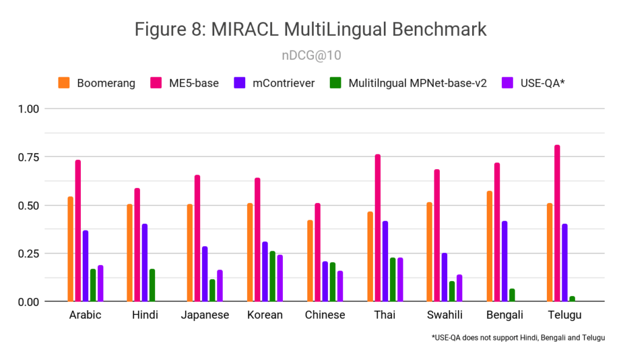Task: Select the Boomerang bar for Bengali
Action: pyautogui.click(x=490, y=246)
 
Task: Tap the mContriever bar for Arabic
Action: pyautogui.click(x=86, y=266)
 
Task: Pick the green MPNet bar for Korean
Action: pyautogui.click(x=272, y=276)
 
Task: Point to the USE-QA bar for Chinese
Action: pyautogui.click(x=339, y=286)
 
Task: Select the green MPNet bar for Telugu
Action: pyautogui.click(x=572, y=299)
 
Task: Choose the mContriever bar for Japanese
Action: pyautogui.click(x=205, y=274)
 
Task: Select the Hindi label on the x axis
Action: pyautogui.click(x=145, y=315)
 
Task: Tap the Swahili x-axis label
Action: pyautogui.click(x=445, y=315)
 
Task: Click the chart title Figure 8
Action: pyautogui.click(x=311, y=29)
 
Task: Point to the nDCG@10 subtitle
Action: pyautogui.click(x=311, y=55)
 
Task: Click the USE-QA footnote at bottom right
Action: pyautogui.click(x=518, y=337)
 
